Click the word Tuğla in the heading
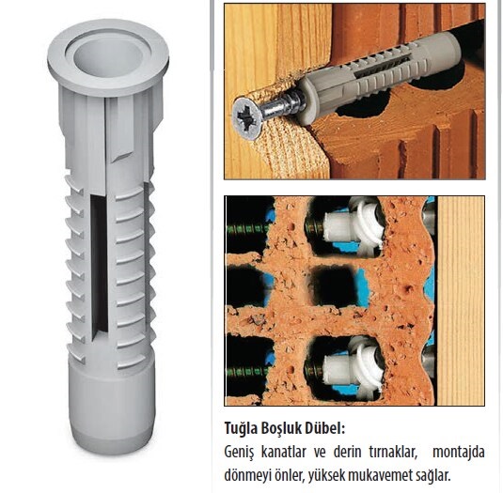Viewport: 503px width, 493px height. click(240, 428)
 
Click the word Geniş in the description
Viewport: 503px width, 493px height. click(239, 453)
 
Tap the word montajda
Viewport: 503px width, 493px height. click(459, 452)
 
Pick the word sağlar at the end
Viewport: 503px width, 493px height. click(432, 475)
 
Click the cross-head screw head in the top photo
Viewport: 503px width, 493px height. click(248, 118)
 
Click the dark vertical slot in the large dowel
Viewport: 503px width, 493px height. click(99, 267)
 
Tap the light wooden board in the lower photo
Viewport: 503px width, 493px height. click(461, 300)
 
